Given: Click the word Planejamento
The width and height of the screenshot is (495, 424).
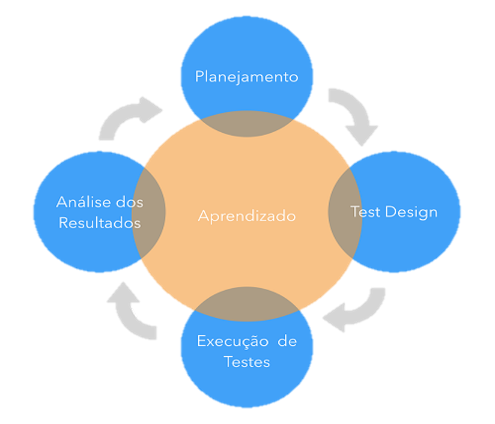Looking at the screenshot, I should click(246, 77).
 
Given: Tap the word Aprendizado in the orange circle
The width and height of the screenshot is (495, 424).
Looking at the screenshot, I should click(247, 216).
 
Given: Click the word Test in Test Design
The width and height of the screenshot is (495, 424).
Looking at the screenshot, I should click(366, 212).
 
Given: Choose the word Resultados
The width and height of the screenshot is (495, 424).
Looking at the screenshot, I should click(99, 223).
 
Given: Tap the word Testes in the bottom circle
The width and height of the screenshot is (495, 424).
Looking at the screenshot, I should click(246, 362).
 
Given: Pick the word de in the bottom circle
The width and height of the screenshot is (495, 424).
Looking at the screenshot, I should click(287, 342).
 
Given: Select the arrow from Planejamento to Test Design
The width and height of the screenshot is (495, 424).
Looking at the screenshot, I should click(351, 114).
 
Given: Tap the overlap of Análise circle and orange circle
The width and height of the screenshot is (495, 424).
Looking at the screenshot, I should click(149, 213).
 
